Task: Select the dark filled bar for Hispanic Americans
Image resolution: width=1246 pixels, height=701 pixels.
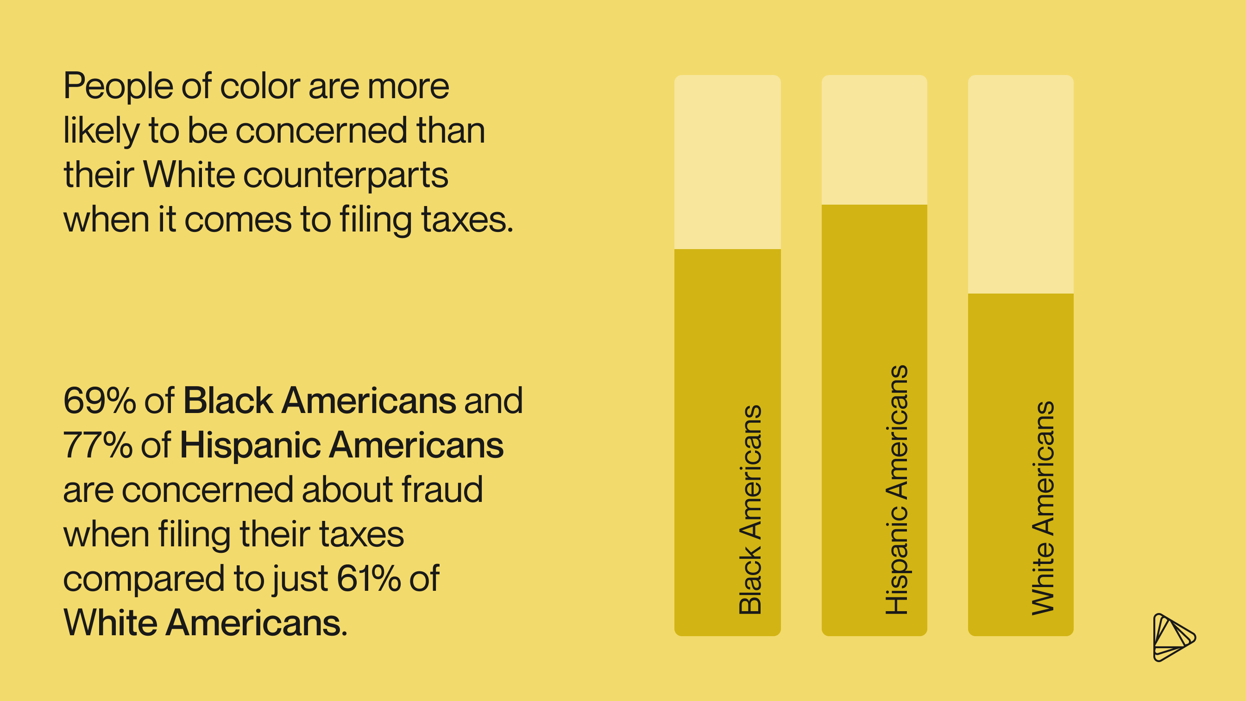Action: (874, 290)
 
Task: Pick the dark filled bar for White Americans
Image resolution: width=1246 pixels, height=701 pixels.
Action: (1020, 348)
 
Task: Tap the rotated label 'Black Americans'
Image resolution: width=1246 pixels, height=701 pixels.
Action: (750, 510)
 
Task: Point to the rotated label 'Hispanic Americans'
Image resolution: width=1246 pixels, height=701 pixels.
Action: (896, 490)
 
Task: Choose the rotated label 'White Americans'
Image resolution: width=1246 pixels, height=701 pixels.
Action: (1043, 508)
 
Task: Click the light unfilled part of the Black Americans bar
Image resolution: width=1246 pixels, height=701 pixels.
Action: (728, 162)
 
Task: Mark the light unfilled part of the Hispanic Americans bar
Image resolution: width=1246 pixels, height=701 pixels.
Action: (874, 140)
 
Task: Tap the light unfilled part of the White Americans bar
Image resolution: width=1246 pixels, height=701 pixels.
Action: (1020, 184)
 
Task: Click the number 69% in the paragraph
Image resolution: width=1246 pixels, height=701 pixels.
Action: (100, 401)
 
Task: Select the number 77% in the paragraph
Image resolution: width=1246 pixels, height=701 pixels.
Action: (98, 445)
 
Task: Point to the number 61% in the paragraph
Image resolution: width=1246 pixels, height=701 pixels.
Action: (369, 578)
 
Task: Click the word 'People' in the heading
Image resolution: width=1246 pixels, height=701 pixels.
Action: (118, 87)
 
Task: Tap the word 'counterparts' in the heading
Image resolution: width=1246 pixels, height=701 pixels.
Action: (346, 175)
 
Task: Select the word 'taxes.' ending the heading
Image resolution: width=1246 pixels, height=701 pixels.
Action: (467, 219)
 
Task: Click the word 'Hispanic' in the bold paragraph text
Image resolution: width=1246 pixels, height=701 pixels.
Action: (250, 445)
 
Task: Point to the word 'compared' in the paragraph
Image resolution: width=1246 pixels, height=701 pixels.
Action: (144, 579)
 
